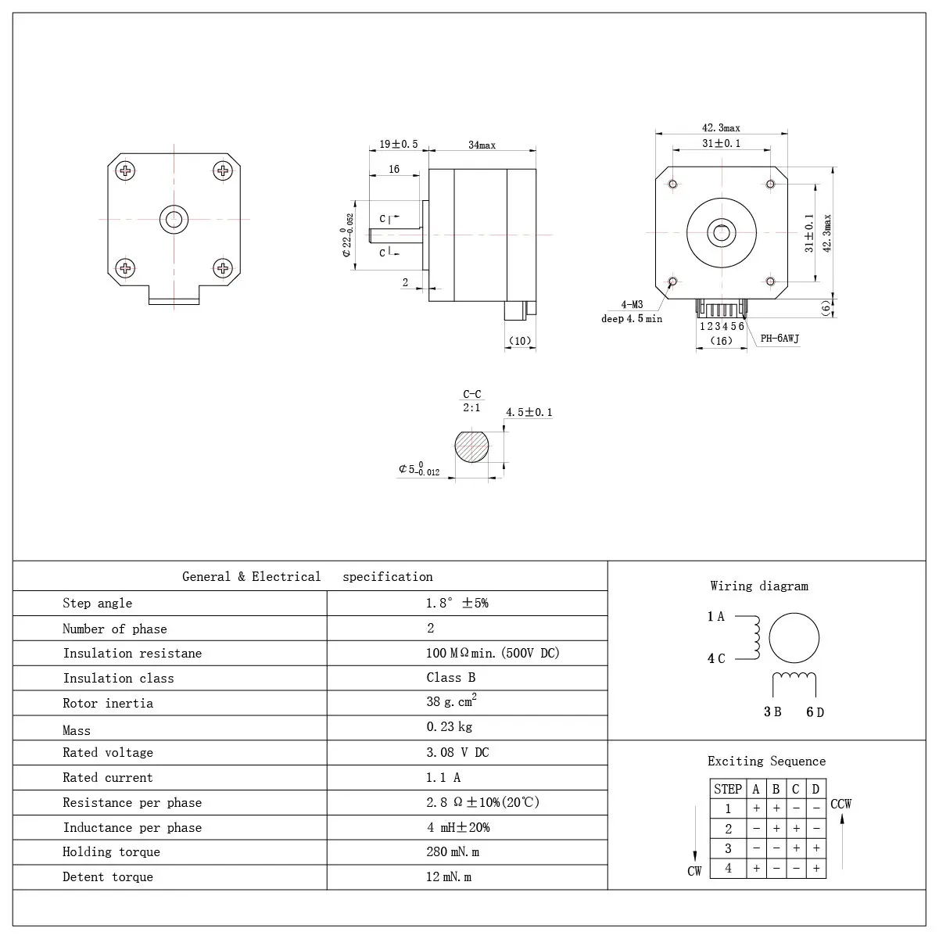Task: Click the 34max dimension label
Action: coord(482,145)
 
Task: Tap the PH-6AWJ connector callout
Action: coord(780,339)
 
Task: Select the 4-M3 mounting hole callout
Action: coord(632,304)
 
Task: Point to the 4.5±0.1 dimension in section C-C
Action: coord(529,412)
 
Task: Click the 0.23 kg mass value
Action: coord(450,727)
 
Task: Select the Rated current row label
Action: coord(108,778)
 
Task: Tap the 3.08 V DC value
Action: coord(458,752)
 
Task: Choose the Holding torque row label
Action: coord(111,852)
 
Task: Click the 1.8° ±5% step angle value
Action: coord(457,603)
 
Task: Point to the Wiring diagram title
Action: coord(759,586)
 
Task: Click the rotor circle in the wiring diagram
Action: coord(794,638)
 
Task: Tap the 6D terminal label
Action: coord(815,711)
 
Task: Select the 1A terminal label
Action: coord(715,617)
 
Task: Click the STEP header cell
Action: coord(728,789)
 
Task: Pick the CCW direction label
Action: coord(841,804)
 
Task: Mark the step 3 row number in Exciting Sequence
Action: coord(728,848)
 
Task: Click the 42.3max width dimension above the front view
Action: coord(721,128)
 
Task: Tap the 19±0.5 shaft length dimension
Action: coord(399,145)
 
